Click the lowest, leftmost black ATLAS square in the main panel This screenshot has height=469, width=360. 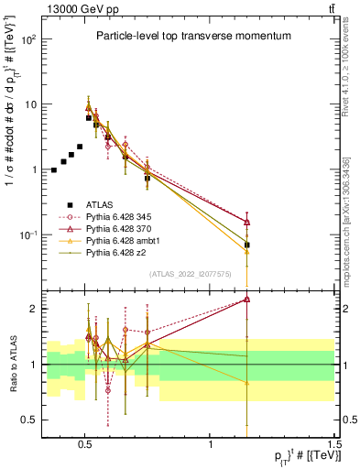click(x=54, y=170)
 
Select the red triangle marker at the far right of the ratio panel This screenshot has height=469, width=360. click(x=247, y=299)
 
